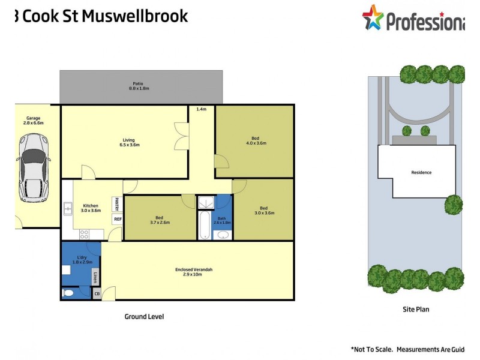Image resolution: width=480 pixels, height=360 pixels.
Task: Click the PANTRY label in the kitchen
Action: (x=117, y=204)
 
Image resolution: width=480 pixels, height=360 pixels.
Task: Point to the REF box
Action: (x=117, y=220)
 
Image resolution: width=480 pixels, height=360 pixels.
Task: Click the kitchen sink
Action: (x=67, y=209)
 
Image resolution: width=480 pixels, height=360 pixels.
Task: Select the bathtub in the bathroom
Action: (x=205, y=225)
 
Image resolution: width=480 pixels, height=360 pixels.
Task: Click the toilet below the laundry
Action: (x=68, y=293)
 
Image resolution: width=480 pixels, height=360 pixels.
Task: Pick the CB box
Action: (x=97, y=294)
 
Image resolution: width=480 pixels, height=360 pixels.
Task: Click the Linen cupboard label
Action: (x=95, y=277)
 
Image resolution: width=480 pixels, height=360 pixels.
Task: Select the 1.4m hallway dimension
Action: (x=202, y=109)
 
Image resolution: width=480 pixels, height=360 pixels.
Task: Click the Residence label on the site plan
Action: (x=421, y=172)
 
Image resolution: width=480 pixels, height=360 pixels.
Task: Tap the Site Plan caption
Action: (x=416, y=310)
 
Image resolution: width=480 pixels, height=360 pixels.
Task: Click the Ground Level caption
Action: (x=144, y=316)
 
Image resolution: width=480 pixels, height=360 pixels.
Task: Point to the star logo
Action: (x=373, y=17)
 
